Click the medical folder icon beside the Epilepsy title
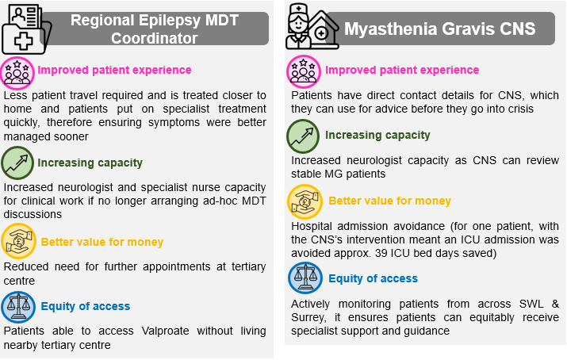[26, 29]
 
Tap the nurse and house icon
[312, 27]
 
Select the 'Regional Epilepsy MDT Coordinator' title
[155, 29]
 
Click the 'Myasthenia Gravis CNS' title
[439, 29]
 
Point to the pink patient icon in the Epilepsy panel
[17, 74]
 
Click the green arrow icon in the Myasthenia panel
[303, 136]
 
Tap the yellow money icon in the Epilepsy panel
[18, 241]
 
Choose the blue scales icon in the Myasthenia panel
[305, 278]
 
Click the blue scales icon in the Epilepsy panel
[18, 307]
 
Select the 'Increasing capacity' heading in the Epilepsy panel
[90, 163]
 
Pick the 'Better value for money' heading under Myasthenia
[389, 201]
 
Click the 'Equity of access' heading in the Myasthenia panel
[373, 278]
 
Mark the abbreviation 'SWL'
[531, 304]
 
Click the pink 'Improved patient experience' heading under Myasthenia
[402, 70]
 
